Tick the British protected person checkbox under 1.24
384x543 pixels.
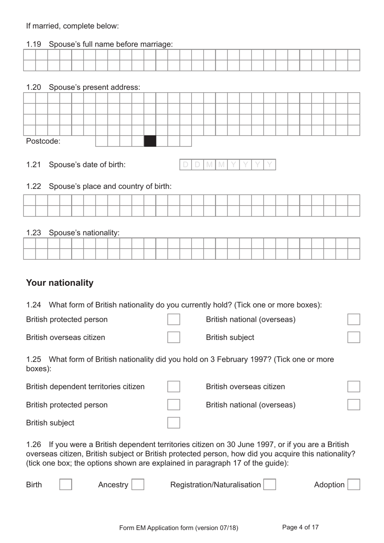tap(173, 319)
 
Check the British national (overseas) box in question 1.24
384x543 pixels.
tap(354, 319)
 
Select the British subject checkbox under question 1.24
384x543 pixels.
tap(354, 337)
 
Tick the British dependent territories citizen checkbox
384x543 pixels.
tap(173, 386)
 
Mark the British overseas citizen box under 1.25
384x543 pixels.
tap(354, 386)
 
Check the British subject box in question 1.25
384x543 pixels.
tap(173, 423)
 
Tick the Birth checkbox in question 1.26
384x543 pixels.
tap(65, 484)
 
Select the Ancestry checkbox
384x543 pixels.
tap(138, 484)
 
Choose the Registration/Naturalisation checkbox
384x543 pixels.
tap(270, 484)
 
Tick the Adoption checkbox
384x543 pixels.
tap(354, 484)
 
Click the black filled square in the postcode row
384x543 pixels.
tap(150, 141)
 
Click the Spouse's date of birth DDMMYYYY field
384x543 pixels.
tap(228, 165)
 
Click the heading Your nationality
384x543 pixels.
tap(60, 283)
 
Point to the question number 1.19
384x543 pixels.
tap(34, 44)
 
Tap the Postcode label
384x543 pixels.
tap(43, 141)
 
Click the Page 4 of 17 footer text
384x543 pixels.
tap(300, 527)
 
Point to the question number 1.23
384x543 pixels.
tap(34, 233)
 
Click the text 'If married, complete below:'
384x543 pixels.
tap(72, 26)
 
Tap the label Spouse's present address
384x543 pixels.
tap(95, 87)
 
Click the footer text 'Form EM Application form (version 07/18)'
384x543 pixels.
tap(179, 528)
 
